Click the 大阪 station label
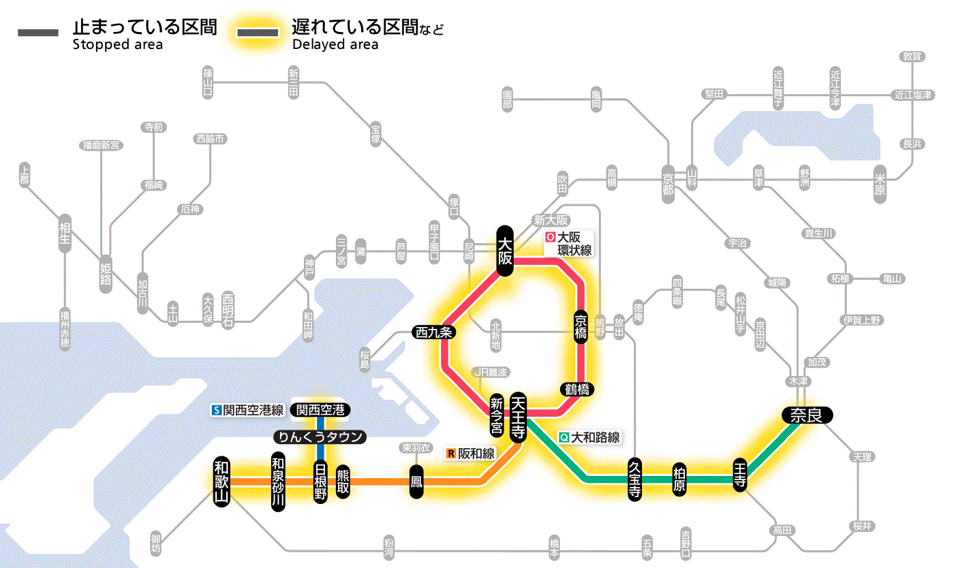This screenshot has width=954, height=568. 504,251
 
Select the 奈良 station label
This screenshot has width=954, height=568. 806,415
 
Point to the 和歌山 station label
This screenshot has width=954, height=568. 222,481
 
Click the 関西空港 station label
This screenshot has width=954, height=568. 320,409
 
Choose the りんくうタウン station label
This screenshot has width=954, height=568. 320,437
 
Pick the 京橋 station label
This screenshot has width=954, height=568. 581,327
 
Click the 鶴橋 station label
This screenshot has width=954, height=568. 576,390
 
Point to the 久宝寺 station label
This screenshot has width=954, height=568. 634,480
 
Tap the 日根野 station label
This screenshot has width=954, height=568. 320,482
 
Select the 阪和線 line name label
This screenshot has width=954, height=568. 471,453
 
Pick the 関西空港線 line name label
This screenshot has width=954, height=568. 248,410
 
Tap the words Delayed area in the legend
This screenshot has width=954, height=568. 335,44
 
